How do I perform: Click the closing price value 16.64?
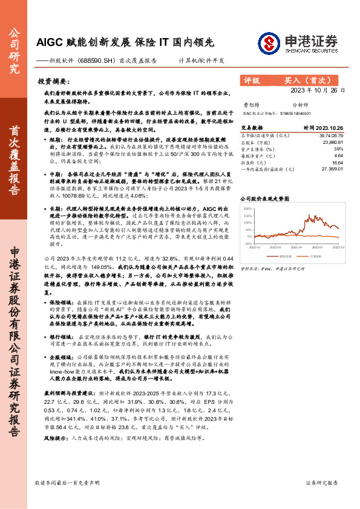338,162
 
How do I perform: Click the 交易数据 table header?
252,128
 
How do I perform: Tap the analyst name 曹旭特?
250,105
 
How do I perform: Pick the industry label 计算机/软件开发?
201,61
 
